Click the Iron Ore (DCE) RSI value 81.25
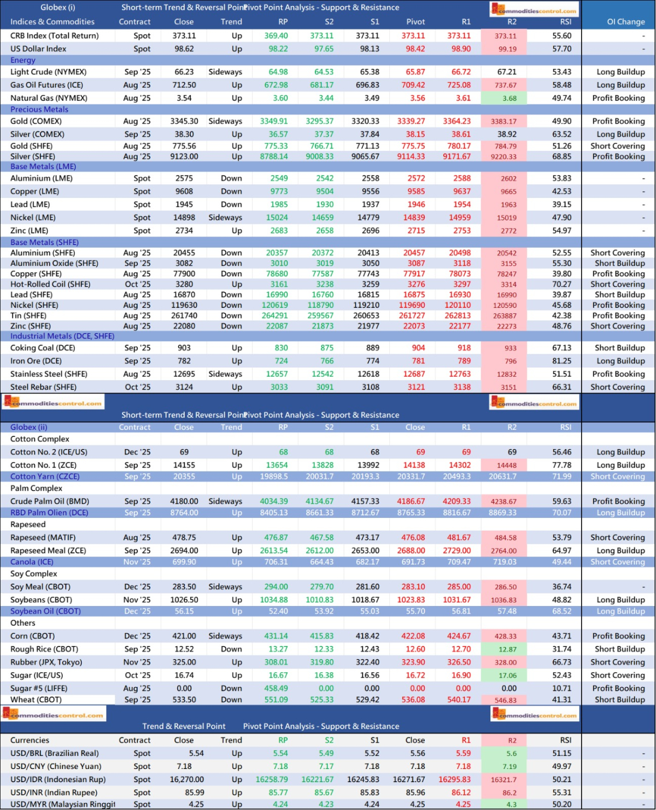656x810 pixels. tap(561, 361)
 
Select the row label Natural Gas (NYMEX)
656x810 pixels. tap(49, 98)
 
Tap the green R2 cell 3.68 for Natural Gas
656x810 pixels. tap(509, 98)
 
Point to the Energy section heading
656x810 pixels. tap(23, 60)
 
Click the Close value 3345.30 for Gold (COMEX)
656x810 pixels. tap(184, 121)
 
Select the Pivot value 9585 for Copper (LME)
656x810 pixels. tap(416, 191)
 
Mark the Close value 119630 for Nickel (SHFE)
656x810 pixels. tap(184, 305)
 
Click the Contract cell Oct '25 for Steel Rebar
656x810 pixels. tap(137, 387)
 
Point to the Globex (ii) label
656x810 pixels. tap(28, 427)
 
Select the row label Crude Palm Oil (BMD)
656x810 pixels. tap(50, 502)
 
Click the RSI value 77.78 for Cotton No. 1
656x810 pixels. tap(561, 465)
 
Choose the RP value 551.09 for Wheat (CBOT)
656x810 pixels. tap(276, 700)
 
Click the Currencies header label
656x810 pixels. tap(30, 740)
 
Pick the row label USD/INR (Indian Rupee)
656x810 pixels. tap(54, 792)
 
